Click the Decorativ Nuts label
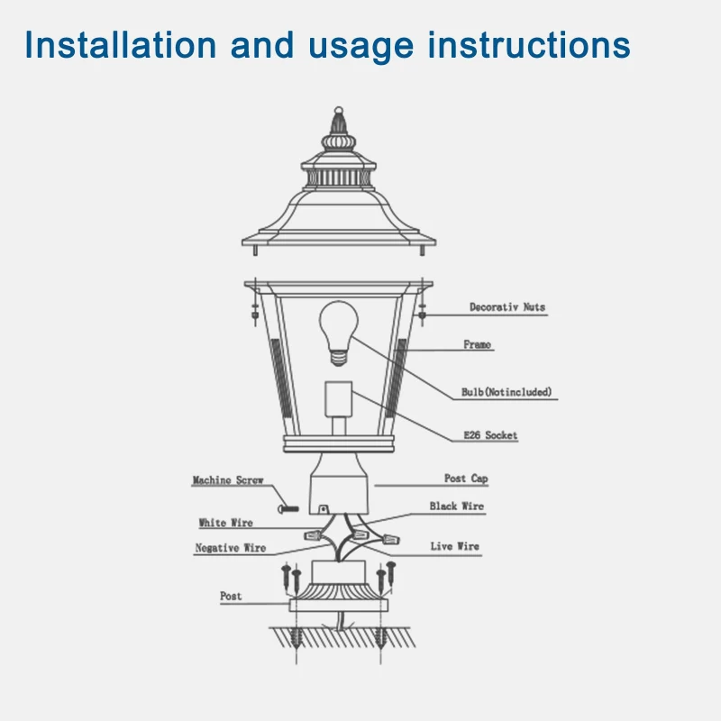click(x=507, y=307)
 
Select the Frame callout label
click(x=478, y=345)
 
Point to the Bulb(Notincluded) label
click(x=507, y=392)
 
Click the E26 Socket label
click(x=490, y=435)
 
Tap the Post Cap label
click(x=466, y=479)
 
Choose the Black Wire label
click(x=456, y=507)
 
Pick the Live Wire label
click(x=454, y=546)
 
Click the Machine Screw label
click(x=228, y=480)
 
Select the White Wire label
click(x=226, y=523)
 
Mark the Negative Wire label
click(x=231, y=548)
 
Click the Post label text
click(x=231, y=597)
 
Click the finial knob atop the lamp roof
click(x=339, y=116)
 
